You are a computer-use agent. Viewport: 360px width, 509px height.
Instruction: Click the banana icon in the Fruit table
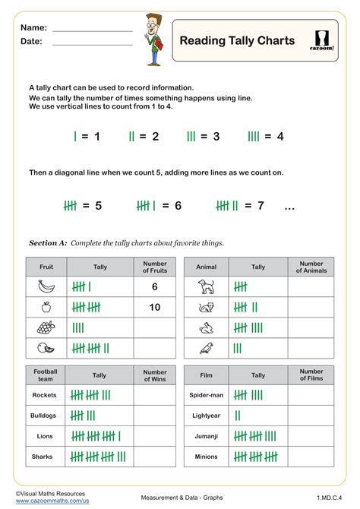[46, 286]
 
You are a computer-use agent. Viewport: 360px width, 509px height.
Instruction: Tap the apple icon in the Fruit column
[46, 307]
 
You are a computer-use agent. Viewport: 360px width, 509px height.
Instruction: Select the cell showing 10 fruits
[155, 307]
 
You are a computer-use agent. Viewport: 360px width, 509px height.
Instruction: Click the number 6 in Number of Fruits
[155, 286]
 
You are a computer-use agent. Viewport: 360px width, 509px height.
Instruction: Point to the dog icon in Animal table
[206, 286]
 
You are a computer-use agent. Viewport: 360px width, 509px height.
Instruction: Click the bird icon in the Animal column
[206, 348]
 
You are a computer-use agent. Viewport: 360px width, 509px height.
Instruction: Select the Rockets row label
[46, 395]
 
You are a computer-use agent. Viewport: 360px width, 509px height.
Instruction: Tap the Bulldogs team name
[46, 416]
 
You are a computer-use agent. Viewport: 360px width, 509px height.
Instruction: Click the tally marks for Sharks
[98, 457]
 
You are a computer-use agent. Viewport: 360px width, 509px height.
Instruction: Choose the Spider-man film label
[206, 395]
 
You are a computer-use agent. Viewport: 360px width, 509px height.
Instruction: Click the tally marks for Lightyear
[238, 416]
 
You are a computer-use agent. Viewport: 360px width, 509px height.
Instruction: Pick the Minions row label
[206, 457]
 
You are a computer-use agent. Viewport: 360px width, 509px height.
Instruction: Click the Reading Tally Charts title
[237, 40]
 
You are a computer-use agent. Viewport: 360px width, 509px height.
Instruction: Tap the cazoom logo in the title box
[324, 40]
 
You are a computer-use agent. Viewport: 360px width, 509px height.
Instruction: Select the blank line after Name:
[92, 28]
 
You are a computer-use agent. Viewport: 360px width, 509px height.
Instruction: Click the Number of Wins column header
[155, 375]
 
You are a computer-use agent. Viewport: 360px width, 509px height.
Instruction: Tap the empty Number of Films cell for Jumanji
[311, 436]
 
